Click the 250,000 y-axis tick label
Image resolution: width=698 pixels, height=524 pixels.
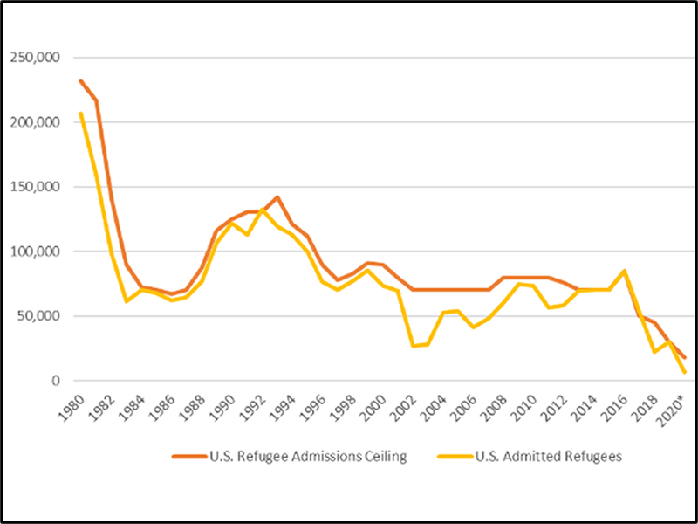[33, 58]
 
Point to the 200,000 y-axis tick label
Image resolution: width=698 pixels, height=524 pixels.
[33, 122]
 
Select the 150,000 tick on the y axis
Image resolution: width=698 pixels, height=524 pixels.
[33, 187]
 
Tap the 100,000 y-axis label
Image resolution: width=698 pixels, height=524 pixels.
[33, 252]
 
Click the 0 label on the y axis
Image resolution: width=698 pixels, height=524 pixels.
[54, 381]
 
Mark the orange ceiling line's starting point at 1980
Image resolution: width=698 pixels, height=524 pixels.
[80, 80]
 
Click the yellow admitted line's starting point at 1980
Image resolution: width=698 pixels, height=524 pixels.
[80, 113]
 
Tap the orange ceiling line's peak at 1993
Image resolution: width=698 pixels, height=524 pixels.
[277, 197]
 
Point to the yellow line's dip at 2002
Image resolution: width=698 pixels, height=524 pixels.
[413, 346]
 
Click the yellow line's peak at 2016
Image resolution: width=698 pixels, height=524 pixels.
[624, 271]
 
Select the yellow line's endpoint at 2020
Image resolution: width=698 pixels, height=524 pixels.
[685, 373]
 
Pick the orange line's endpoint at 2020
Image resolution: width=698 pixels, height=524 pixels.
[685, 358]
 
